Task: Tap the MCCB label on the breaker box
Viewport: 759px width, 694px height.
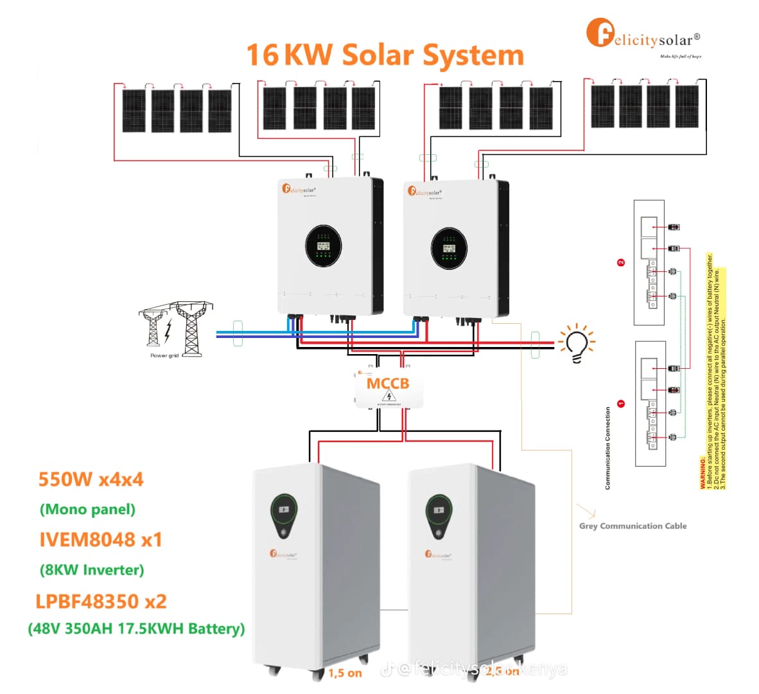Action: click(387, 384)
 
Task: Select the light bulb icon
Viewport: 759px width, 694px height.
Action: click(577, 344)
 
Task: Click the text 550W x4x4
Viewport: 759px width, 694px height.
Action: click(91, 479)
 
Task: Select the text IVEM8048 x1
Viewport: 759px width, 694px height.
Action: click(101, 540)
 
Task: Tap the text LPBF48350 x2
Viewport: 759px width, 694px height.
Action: click(101, 601)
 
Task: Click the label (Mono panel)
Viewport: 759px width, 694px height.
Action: click(87, 510)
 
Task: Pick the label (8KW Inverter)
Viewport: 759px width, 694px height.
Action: click(92, 570)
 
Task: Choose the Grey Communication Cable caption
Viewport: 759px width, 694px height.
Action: click(632, 526)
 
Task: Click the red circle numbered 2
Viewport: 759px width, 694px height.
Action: click(621, 262)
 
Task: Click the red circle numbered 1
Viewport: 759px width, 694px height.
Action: click(621, 404)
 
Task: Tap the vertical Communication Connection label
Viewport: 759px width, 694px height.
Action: click(607, 448)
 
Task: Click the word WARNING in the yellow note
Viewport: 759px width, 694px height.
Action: click(702, 473)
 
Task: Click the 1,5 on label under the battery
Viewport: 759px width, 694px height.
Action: click(345, 673)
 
